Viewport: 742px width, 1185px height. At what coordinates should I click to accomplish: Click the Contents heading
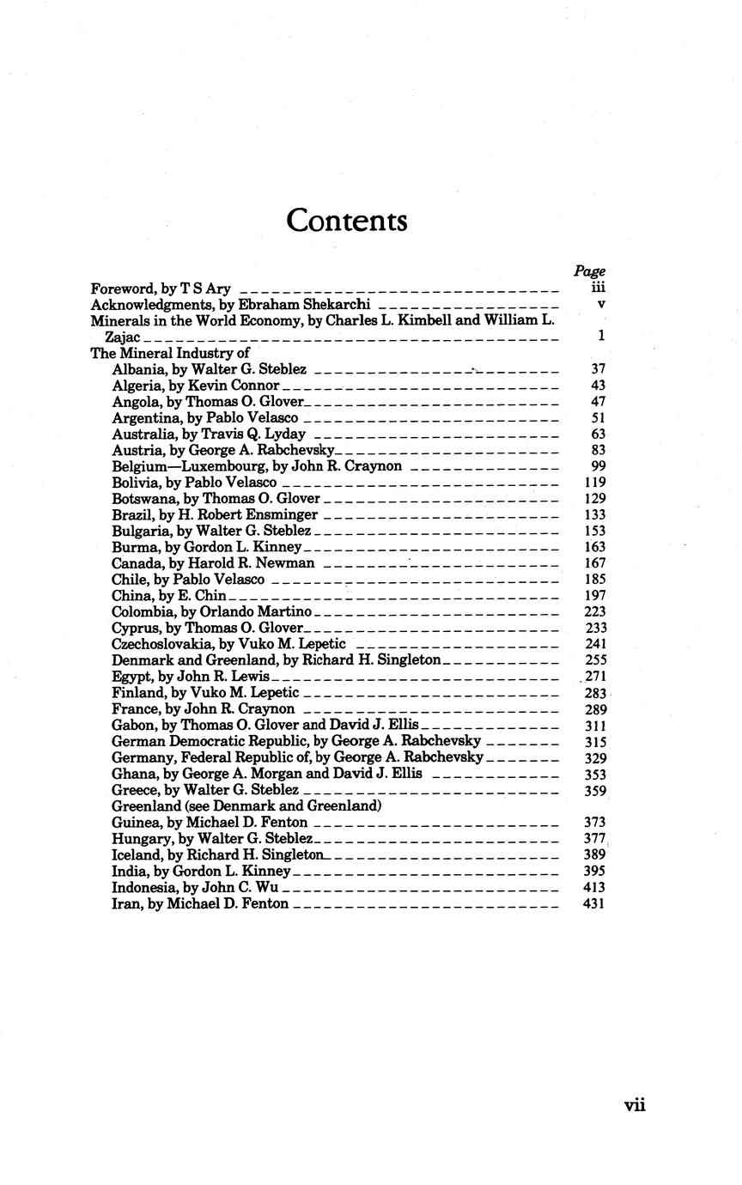(346, 221)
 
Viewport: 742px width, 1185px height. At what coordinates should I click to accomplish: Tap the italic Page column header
(589, 271)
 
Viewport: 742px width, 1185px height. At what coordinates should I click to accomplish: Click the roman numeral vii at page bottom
(635, 1105)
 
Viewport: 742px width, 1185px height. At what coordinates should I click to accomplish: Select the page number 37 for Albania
(599, 369)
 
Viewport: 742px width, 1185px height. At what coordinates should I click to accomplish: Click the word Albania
(136, 369)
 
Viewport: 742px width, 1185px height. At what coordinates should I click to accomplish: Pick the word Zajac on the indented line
(122, 337)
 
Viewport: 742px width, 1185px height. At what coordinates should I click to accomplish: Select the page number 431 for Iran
(594, 904)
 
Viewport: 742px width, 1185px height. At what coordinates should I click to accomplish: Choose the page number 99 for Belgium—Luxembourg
(599, 466)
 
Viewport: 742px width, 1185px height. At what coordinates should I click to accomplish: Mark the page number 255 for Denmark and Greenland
(594, 660)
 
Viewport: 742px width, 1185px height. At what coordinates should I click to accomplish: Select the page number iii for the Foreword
(599, 289)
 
